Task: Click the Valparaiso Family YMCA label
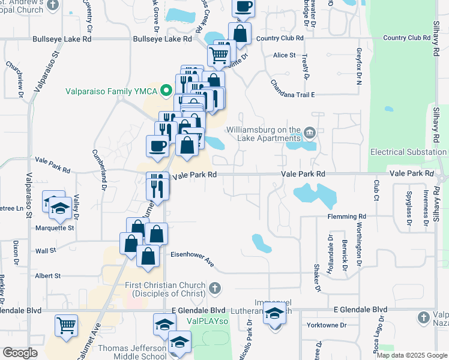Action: pyautogui.click(x=112, y=91)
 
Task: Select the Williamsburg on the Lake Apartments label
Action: pyautogui.click(x=264, y=134)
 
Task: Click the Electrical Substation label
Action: pyautogui.click(x=408, y=152)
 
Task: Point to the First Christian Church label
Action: pyautogui.click(x=164, y=289)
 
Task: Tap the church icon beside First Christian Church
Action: pyautogui.click(x=215, y=289)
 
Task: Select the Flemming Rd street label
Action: pyautogui.click(x=346, y=216)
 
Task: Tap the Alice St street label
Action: pyautogui.click(x=285, y=55)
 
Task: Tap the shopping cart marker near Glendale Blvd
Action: pyautogui.click(x=66, y=325)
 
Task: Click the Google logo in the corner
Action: pyautogui.click(x=20, y=353)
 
